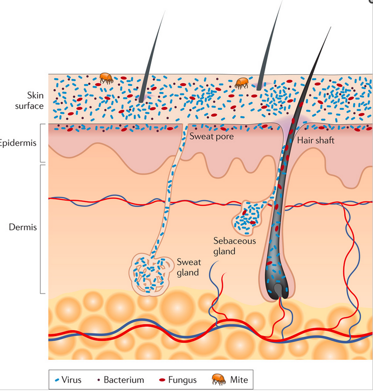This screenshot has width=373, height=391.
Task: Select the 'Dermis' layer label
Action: tap(22, 228)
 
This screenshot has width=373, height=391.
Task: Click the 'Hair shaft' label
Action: tap(316, 140)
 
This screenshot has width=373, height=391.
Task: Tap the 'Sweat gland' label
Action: tap(188, 267)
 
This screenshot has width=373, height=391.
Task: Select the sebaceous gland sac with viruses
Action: tap(249, 218)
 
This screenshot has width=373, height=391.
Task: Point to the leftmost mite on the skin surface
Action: tap(106, 78)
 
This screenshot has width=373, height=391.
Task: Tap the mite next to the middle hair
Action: tap(241, 82)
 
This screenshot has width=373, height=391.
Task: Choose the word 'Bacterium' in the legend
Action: tap(124, 380)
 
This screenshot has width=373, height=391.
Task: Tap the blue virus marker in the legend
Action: tap(57, 380)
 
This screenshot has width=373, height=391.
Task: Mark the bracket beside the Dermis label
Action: tap(41, 229)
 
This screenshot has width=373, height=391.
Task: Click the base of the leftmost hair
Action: tap(142, 99)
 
